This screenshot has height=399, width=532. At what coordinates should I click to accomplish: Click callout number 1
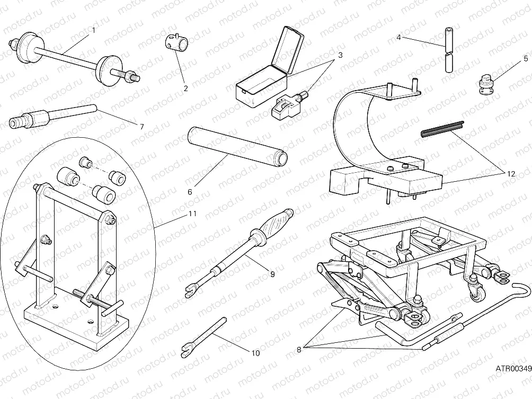(x=94, y=30)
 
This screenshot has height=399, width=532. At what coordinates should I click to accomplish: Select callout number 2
(x=185, y=88)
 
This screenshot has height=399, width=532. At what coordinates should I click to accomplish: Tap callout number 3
(x=340, y=55)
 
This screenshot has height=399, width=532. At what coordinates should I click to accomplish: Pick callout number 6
(x=189, y=192)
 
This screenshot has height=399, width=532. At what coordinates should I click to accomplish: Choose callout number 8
(x=299, y=349)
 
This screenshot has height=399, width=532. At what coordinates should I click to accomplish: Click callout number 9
(x=272, y=274)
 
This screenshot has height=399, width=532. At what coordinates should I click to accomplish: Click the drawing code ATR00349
(x=513, y=367)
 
